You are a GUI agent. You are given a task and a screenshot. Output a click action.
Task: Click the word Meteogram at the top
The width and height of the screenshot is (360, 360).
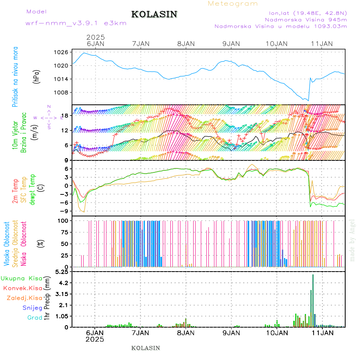233,4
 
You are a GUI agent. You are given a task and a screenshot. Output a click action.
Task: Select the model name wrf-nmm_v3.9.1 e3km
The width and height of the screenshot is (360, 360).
76,24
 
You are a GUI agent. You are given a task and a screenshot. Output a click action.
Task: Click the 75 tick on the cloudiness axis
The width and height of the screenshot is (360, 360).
64,232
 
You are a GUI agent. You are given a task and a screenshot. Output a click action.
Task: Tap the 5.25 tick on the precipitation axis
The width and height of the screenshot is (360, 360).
62,272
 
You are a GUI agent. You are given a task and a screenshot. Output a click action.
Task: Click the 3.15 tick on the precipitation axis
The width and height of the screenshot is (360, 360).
62,294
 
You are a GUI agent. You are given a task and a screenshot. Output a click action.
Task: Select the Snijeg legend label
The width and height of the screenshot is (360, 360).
32,308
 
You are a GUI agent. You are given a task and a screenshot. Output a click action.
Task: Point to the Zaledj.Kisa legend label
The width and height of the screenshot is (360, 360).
24,298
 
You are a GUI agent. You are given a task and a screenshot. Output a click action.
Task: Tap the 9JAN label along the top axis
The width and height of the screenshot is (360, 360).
231,44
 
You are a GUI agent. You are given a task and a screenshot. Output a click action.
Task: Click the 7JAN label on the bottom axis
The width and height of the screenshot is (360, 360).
140,332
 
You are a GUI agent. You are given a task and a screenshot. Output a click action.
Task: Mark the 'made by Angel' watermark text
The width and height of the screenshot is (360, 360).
352,240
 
